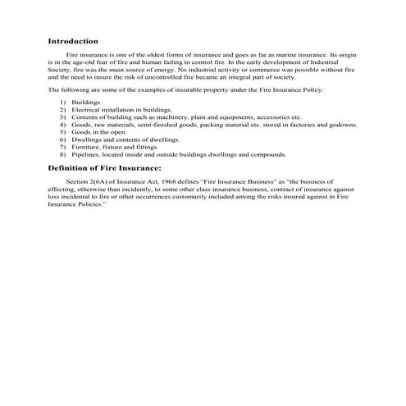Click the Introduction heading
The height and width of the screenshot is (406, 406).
73,40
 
